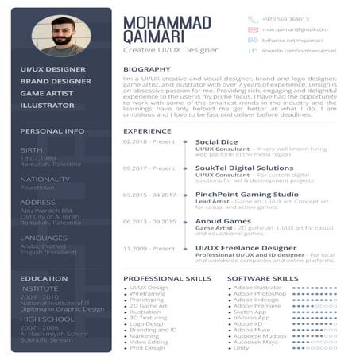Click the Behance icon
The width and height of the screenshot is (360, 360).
[x=253, y=38]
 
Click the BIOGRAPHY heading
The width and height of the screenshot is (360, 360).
[x=146, y=69]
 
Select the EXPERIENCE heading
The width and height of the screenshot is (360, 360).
[x=147, y=130]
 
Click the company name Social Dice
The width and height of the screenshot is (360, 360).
[x=217, y=141]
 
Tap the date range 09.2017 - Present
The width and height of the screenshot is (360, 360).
[x=149, y=168]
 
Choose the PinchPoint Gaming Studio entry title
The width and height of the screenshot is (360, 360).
[x=246, y=194]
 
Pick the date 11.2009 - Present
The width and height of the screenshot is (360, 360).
[x=149, y=248]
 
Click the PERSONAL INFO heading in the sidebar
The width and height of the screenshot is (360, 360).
[x=52, y=130]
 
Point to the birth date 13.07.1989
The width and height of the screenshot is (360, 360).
[x=37, y=157]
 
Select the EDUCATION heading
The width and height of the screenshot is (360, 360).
[x=45, y=278]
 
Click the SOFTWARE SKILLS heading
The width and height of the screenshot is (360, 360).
[x=263, y=278]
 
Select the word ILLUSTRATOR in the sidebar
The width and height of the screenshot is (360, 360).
[x=47, y=105]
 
